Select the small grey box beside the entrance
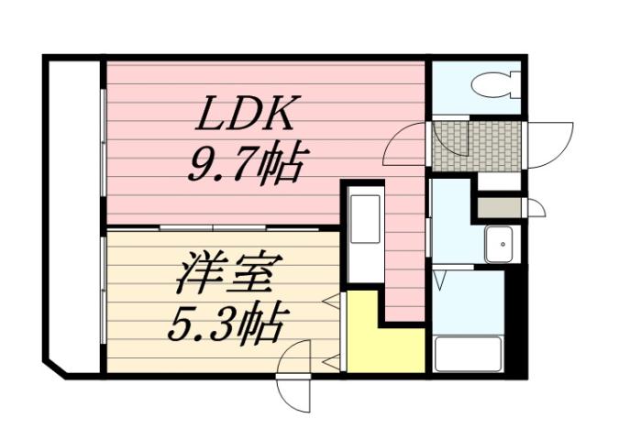498,207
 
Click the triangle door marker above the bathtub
440,272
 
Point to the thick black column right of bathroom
516,321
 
